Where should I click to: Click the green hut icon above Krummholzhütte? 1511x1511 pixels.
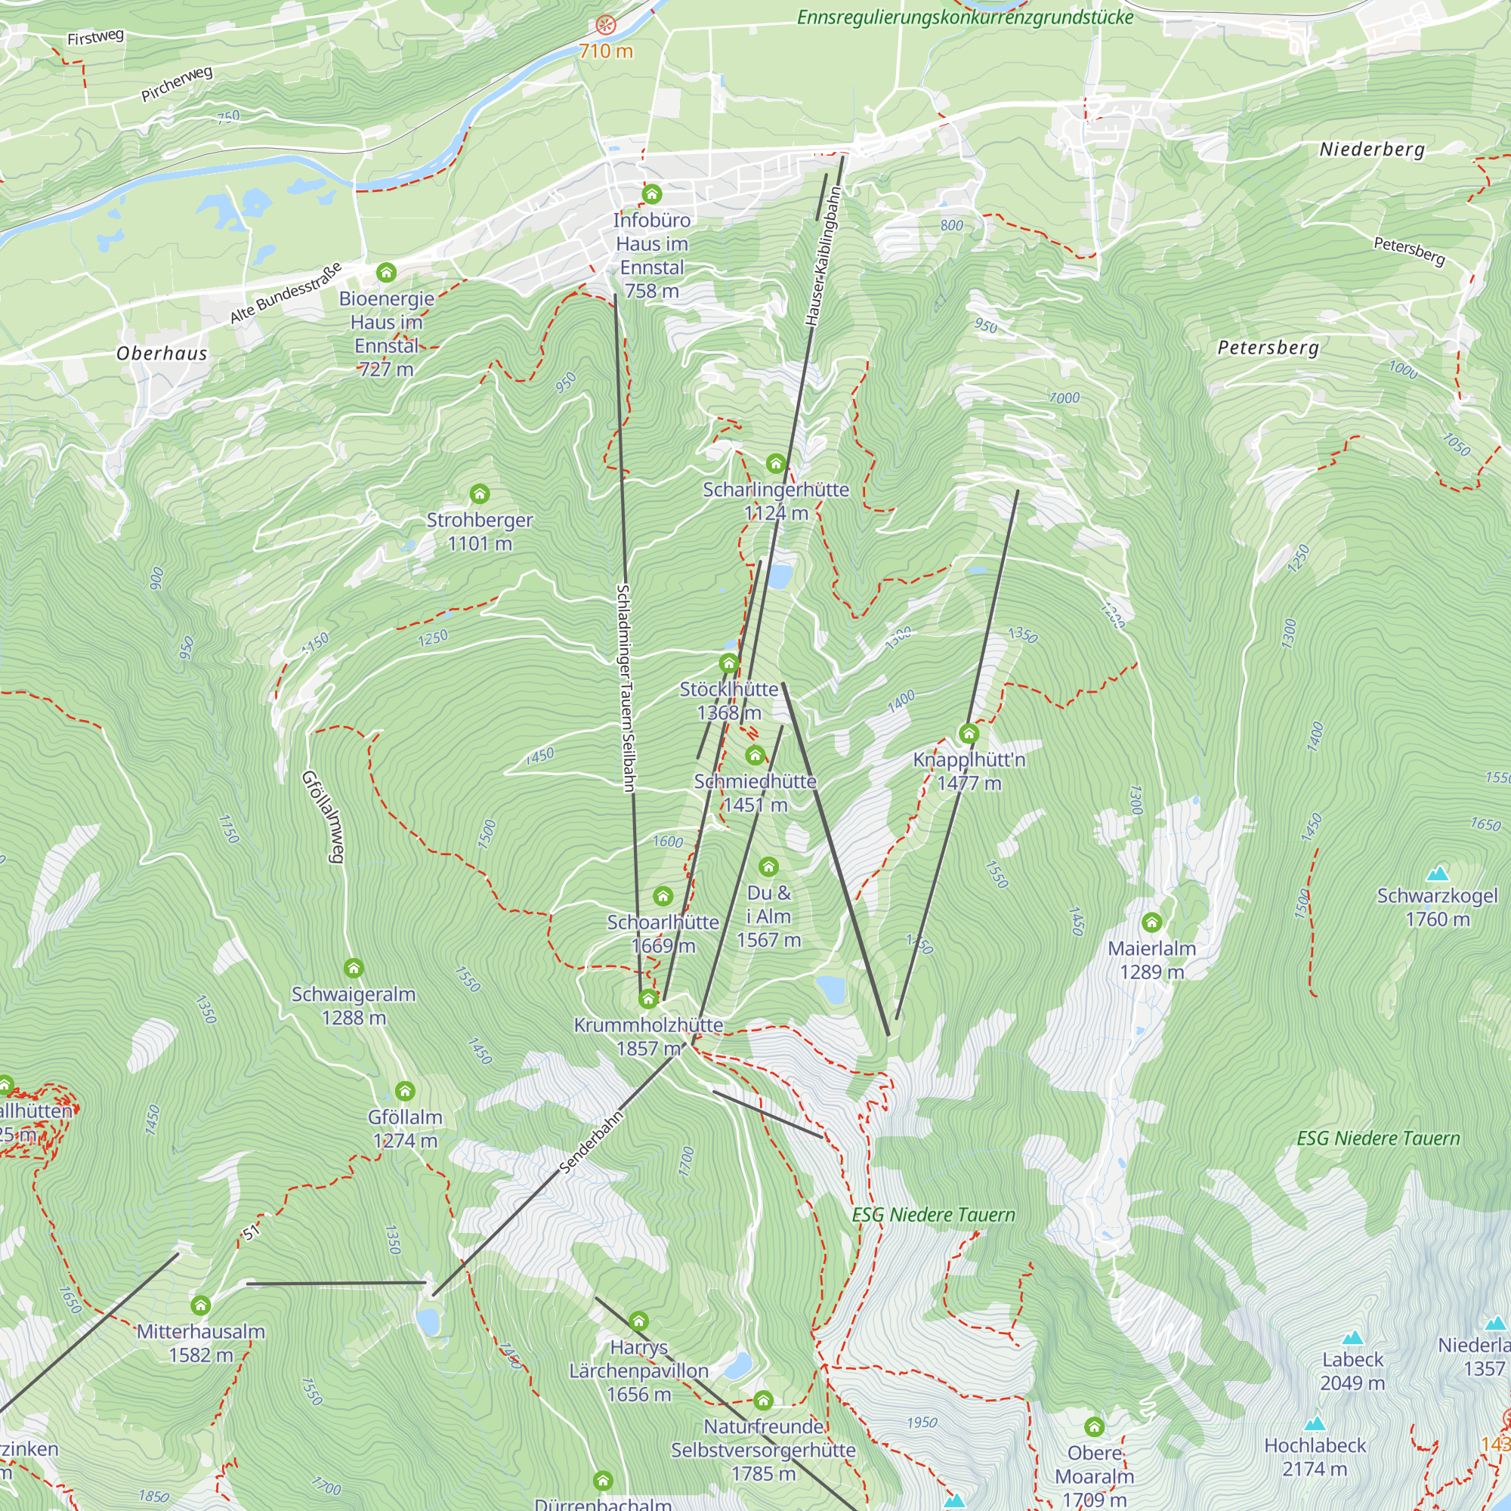click(x=647, y=999)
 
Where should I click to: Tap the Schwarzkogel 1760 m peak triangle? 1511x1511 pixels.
click(x=1438, y=873)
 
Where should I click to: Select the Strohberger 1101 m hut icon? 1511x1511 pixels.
click(x=480, y=493)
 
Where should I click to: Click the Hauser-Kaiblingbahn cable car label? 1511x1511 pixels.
click(x=823, y=257)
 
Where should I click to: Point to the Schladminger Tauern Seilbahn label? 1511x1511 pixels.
click(x=626, y=688)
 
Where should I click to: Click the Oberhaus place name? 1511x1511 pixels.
click(x=162, y=354)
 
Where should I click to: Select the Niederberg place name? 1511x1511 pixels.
click(x=1372, y=150)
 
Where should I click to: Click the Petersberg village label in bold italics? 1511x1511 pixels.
click(x=1268, y=348)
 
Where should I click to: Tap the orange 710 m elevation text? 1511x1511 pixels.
click(x=606, y=51)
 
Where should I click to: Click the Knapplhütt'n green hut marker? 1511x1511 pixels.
click(x=969, y=733)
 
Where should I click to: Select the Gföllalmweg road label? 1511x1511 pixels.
click(x=323, y=817)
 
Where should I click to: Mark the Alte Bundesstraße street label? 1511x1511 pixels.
click(x=286, y=293)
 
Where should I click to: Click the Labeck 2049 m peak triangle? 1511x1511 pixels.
click(x=1352, y=1338)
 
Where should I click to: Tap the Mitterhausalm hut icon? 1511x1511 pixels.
click(x=201, y=1306)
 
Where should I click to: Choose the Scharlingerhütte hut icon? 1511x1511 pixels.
click(x=775, y=463)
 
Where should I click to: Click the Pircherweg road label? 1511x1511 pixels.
click(x=177, y=84)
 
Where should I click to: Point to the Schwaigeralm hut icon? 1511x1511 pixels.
click(x=354, y=969)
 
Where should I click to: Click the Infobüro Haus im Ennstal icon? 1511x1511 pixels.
click(x=651, y=193)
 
